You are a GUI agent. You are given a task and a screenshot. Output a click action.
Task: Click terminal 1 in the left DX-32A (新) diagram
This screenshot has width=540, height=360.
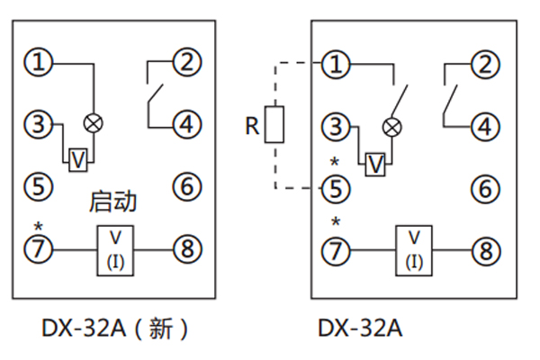pyautogui.click(x=39, y=63)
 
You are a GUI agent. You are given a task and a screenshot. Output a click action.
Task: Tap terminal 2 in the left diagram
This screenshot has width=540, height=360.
pyautogui.click(x=186, y=63)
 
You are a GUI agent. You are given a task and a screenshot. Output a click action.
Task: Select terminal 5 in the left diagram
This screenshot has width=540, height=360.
pyautogui.click(x=39, y=186)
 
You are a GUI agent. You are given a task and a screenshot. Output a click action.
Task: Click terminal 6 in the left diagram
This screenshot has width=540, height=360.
pyautogui.click(x=186, y=186)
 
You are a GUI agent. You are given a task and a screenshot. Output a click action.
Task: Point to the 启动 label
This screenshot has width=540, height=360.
pyautogui.click(x=113, y=202)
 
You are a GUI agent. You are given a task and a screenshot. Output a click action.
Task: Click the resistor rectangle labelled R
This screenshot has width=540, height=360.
pyautogui.click(x=277, y=124)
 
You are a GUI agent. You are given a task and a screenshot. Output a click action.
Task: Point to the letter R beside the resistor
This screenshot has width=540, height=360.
pyautogui.click(x=252, y=125)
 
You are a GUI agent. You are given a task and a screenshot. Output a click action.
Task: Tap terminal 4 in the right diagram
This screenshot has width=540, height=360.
pyautogui.click(x=486, y=126)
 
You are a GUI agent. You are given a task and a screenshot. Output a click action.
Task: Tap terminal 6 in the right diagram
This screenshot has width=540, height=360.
pyautogui.click(x=486, y=189)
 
